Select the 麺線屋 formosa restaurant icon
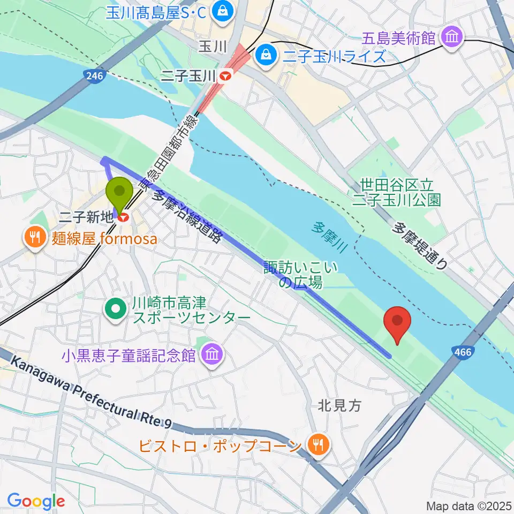tap(35, 238)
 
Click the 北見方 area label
tap(339, 406)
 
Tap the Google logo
tap(36, 501)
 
